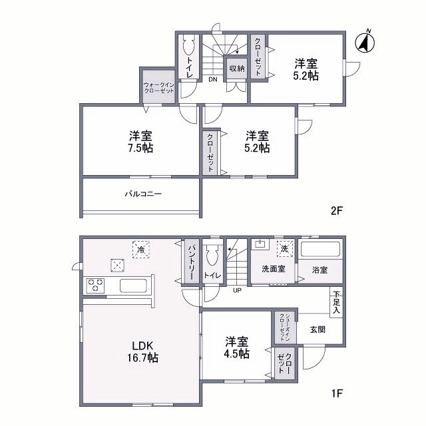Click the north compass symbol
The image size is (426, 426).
point(365,41)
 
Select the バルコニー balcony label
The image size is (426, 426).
point(143,194)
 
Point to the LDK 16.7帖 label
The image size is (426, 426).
point(144,352)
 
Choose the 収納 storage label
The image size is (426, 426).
point(237,69)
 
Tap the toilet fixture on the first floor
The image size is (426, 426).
point(212,256)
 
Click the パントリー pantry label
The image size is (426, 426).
point(190,262)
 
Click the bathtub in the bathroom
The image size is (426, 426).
point(320,251)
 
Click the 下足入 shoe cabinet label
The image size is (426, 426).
point(336,302)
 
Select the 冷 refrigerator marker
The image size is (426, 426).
point(140,249)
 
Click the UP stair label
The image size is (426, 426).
point(237,290)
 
